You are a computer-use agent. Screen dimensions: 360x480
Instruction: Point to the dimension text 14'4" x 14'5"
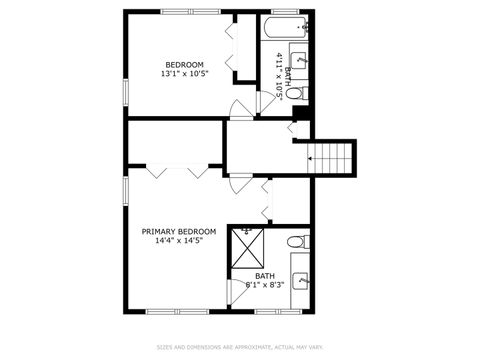tap(178, 241)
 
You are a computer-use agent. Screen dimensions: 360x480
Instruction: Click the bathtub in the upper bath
tap(287, 26)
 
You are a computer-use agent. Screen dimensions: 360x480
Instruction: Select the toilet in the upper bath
tap(295, 93)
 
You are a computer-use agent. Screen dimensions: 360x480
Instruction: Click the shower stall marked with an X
tap(246, 245)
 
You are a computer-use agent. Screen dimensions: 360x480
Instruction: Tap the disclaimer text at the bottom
tap(239, 347)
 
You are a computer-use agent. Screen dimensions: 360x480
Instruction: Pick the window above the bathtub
tap(287, 11)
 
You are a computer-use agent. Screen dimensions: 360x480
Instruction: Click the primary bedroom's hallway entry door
tap(236, 183)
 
